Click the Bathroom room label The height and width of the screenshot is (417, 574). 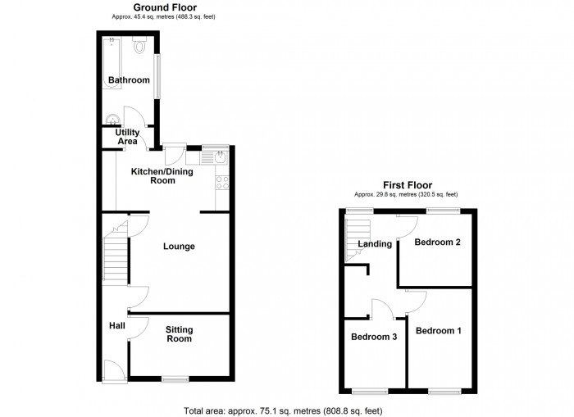click(x=129, y=79)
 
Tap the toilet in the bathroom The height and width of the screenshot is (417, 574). click(x=139, y=45)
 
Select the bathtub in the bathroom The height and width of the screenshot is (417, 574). click(x=112, y=62)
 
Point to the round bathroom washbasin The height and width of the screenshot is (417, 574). click(x=112, y=119)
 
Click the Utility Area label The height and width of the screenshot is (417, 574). click(x=127, y=137)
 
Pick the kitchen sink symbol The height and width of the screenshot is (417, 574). click(x=214, y=158)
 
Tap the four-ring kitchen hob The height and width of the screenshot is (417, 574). click(x=222, y=183)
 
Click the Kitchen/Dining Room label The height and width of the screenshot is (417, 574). click(x=162, y=175)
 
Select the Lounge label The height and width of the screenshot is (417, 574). click(x=179, y=246)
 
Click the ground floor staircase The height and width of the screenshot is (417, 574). click(x=116, y=253)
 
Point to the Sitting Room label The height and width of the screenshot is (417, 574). click(x=179, y=334)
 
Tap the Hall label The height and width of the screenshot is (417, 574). click(x=117, y=325)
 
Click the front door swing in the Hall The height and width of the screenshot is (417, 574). click(x=115, y=371)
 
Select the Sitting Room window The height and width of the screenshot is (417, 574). click(x=175, y=379)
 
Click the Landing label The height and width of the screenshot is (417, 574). click(x=375, y=243)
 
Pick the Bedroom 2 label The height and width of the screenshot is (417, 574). click(x=437, y=242)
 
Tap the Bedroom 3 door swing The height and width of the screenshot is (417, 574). click(x=383, y=309)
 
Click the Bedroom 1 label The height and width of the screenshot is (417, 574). click(x=438, y=331)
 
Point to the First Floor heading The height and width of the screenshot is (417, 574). click(x=408, y=185)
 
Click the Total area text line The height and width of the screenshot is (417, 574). click(x=283, y=410)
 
